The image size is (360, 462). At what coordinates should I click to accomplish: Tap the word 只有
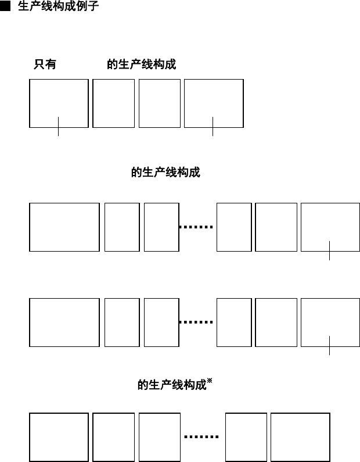45,65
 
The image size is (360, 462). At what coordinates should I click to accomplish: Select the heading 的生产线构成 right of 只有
141,65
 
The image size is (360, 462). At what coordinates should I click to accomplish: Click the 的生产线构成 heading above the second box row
165,173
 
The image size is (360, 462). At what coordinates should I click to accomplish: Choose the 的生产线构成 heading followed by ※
172,385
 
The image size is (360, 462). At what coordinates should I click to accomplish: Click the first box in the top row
59,103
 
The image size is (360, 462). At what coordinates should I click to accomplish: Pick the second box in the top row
113,103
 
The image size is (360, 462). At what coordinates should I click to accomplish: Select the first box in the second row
64,227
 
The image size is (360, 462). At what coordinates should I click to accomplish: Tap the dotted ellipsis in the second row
197,227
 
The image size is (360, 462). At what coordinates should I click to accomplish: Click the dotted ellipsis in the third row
197,322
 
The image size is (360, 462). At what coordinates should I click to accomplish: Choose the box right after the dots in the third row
234,322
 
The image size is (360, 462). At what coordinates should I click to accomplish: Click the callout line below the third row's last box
329,345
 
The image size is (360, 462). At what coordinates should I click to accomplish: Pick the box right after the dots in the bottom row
246,438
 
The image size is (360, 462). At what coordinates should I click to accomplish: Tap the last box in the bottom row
300,438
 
